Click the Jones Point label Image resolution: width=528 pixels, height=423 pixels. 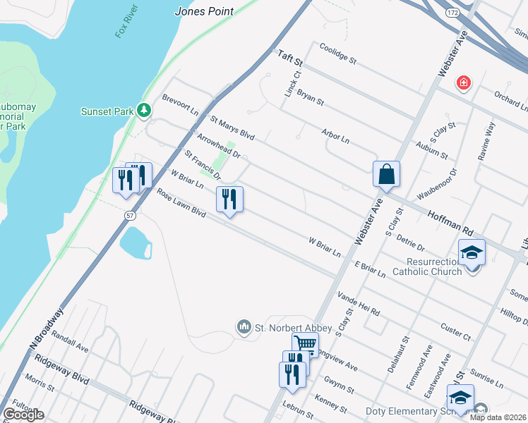coord(205,11)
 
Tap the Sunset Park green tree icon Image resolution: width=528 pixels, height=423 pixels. coord(144,110)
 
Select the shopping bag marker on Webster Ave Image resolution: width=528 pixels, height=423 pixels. coord(386,174)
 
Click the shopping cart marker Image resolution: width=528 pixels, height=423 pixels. coord(305,344)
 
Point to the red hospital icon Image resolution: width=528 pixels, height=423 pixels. coord(464,83)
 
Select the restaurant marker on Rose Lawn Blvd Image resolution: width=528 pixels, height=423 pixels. coord(229,200)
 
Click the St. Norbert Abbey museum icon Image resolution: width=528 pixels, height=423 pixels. coord(244,326)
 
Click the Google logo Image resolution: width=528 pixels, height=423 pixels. coord(23,415)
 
